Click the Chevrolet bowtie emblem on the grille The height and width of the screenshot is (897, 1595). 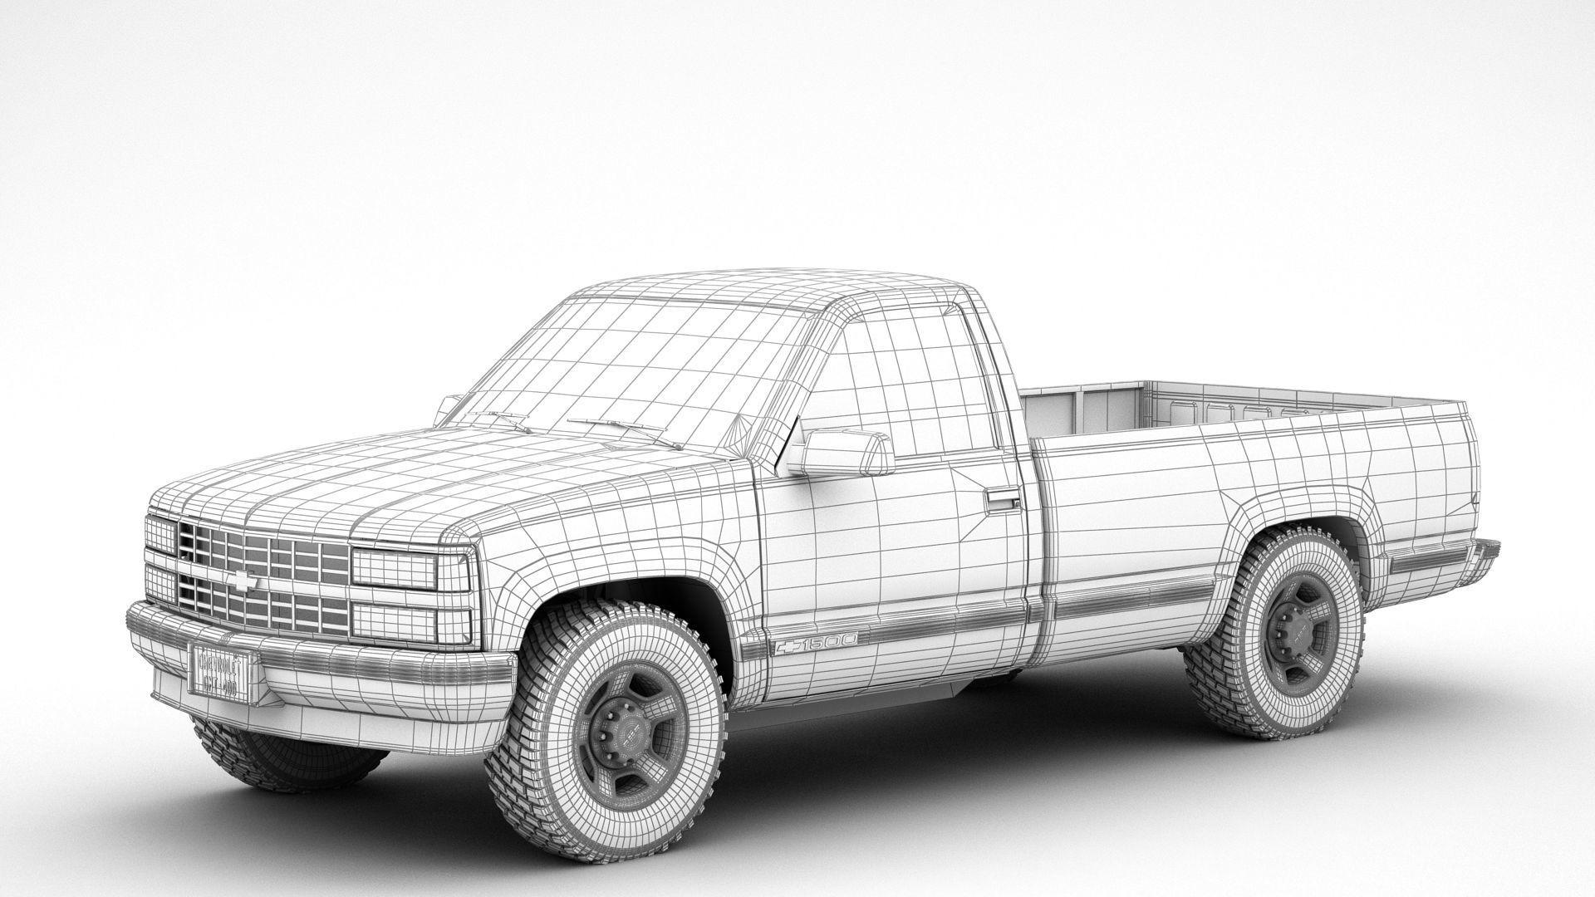(244, 581)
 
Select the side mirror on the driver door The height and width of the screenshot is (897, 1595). (840, 453)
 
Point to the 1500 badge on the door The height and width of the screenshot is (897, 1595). (818, 643)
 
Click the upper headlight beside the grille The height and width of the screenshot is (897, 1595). (395, 566)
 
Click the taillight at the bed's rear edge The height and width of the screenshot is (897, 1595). (1475, 498)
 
